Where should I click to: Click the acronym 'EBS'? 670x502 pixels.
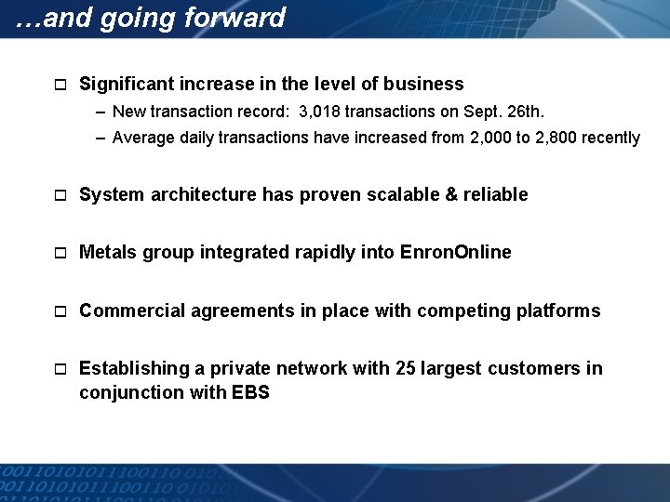250,393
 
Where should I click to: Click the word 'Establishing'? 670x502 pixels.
133,369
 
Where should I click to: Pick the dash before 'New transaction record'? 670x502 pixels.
100,112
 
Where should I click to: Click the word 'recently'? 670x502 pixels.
610,139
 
